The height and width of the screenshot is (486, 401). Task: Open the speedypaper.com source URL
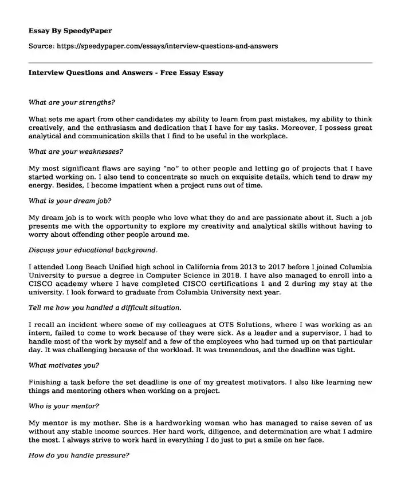(x=170, y=46)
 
